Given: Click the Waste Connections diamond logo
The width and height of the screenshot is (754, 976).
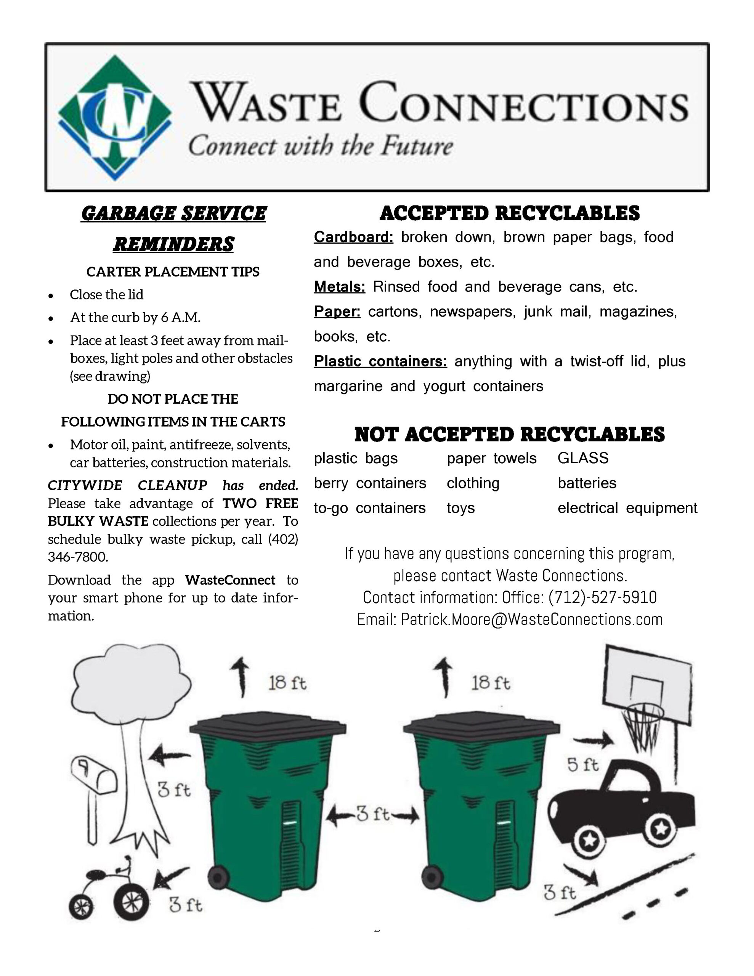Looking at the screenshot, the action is click(x=115, y=117).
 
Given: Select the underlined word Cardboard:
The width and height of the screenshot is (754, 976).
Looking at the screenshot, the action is click(x=353, y=237).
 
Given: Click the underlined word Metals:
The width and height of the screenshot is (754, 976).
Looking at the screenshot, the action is click(x=339, y=286).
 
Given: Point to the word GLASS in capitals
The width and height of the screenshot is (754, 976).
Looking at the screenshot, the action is click(x=583, y=458).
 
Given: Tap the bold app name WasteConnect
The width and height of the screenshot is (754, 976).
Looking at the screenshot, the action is click(x=230, y=580).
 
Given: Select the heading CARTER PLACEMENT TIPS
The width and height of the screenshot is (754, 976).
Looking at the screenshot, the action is click(x=173, y=272).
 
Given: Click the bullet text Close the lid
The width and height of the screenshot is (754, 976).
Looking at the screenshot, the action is click(x=106, y=294).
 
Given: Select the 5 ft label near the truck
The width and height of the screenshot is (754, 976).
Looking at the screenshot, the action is click(x=583, y=765).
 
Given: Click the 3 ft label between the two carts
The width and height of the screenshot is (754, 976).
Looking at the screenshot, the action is click(x=373, y=814).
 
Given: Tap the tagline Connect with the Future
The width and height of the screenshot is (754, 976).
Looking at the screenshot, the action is click(x=321, y=146).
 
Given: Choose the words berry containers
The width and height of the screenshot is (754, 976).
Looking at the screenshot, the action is click(x=370, y=483).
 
